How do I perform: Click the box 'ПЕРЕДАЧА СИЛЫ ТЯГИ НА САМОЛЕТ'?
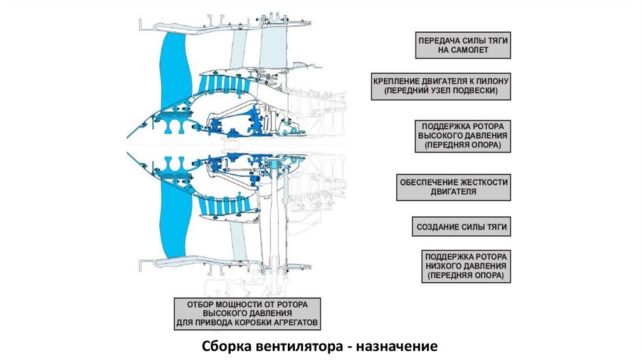[x=463, y=45]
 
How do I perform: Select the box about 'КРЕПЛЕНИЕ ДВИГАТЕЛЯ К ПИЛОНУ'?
[x=441, y=87]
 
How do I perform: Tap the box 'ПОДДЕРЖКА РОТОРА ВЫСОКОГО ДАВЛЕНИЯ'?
[x=463, y=136]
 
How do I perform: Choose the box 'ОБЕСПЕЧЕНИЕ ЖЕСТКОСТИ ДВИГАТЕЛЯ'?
[x=454, y=187]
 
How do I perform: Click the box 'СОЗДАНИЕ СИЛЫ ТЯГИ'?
[x=461, y=227]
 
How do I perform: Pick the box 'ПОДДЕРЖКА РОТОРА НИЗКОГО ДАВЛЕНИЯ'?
[x=466, y=266]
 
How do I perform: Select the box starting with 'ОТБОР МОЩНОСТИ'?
[x=247, y=314]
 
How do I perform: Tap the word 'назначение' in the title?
[x=396, y=346]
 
